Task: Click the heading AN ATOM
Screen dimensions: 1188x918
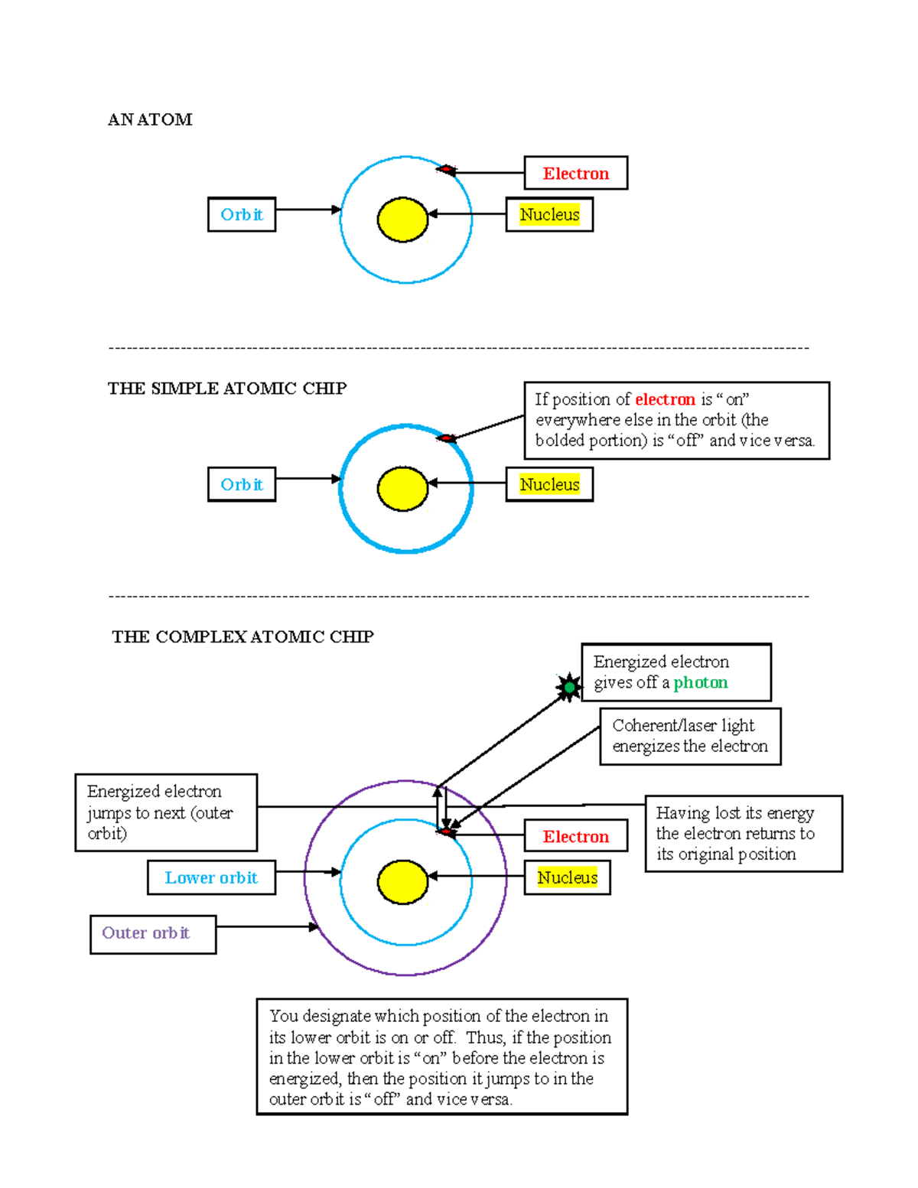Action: click(x=150, y=119)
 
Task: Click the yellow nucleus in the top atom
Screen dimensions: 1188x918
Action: click(x=402, y=220)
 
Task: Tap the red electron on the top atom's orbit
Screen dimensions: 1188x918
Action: click(x=447, y=169)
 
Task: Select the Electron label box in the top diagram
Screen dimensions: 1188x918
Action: click(x=575, y=174)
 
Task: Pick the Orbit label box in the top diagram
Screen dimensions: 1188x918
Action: click(x=242, y=214)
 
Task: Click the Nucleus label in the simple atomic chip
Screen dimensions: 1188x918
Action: click(x=549, y=484)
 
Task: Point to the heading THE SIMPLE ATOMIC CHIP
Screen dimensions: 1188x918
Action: click(x=227, y=389)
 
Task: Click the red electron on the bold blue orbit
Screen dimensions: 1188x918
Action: click(x=447, y=438)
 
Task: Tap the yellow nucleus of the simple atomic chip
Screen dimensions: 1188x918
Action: click(x=402, y=489)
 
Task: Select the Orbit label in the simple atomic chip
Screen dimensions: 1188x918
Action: click(x=242, y=484)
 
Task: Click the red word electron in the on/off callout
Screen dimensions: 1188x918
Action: click(x=665, y=399)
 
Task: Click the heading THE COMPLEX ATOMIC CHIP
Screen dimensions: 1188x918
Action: click(x=243, y=636)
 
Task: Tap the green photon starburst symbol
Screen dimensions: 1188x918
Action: click(x=569, y=688)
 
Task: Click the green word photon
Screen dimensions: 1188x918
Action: click(x=700, y=682)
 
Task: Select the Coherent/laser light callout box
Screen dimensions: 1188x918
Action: click(x=690, y=736)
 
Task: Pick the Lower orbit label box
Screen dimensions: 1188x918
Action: click(x=211, y=877)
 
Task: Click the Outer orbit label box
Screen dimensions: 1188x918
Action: click(x=153, y=933)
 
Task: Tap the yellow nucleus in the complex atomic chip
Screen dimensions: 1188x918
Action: click(x=402, y=882)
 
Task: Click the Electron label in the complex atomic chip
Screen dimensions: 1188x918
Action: click(x=575, y=836)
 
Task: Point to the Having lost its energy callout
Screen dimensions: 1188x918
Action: click(x=743, y=833)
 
